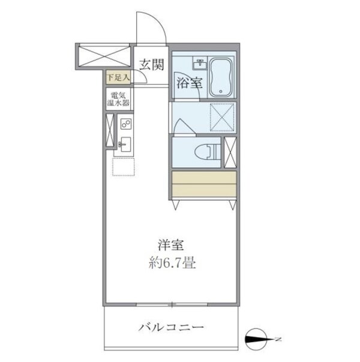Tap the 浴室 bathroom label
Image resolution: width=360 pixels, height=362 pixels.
coord(188,84)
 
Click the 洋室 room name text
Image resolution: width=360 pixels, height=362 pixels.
coord(170,245)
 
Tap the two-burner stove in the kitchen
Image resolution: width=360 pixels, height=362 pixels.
coord(125,124)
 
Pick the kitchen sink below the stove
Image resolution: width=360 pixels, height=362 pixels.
coord(125,144)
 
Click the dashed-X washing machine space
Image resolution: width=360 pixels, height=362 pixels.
coord(222,116)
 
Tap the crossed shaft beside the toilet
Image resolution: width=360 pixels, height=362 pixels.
coord(230,152)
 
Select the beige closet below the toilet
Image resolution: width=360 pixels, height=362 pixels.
coord(203,185)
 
